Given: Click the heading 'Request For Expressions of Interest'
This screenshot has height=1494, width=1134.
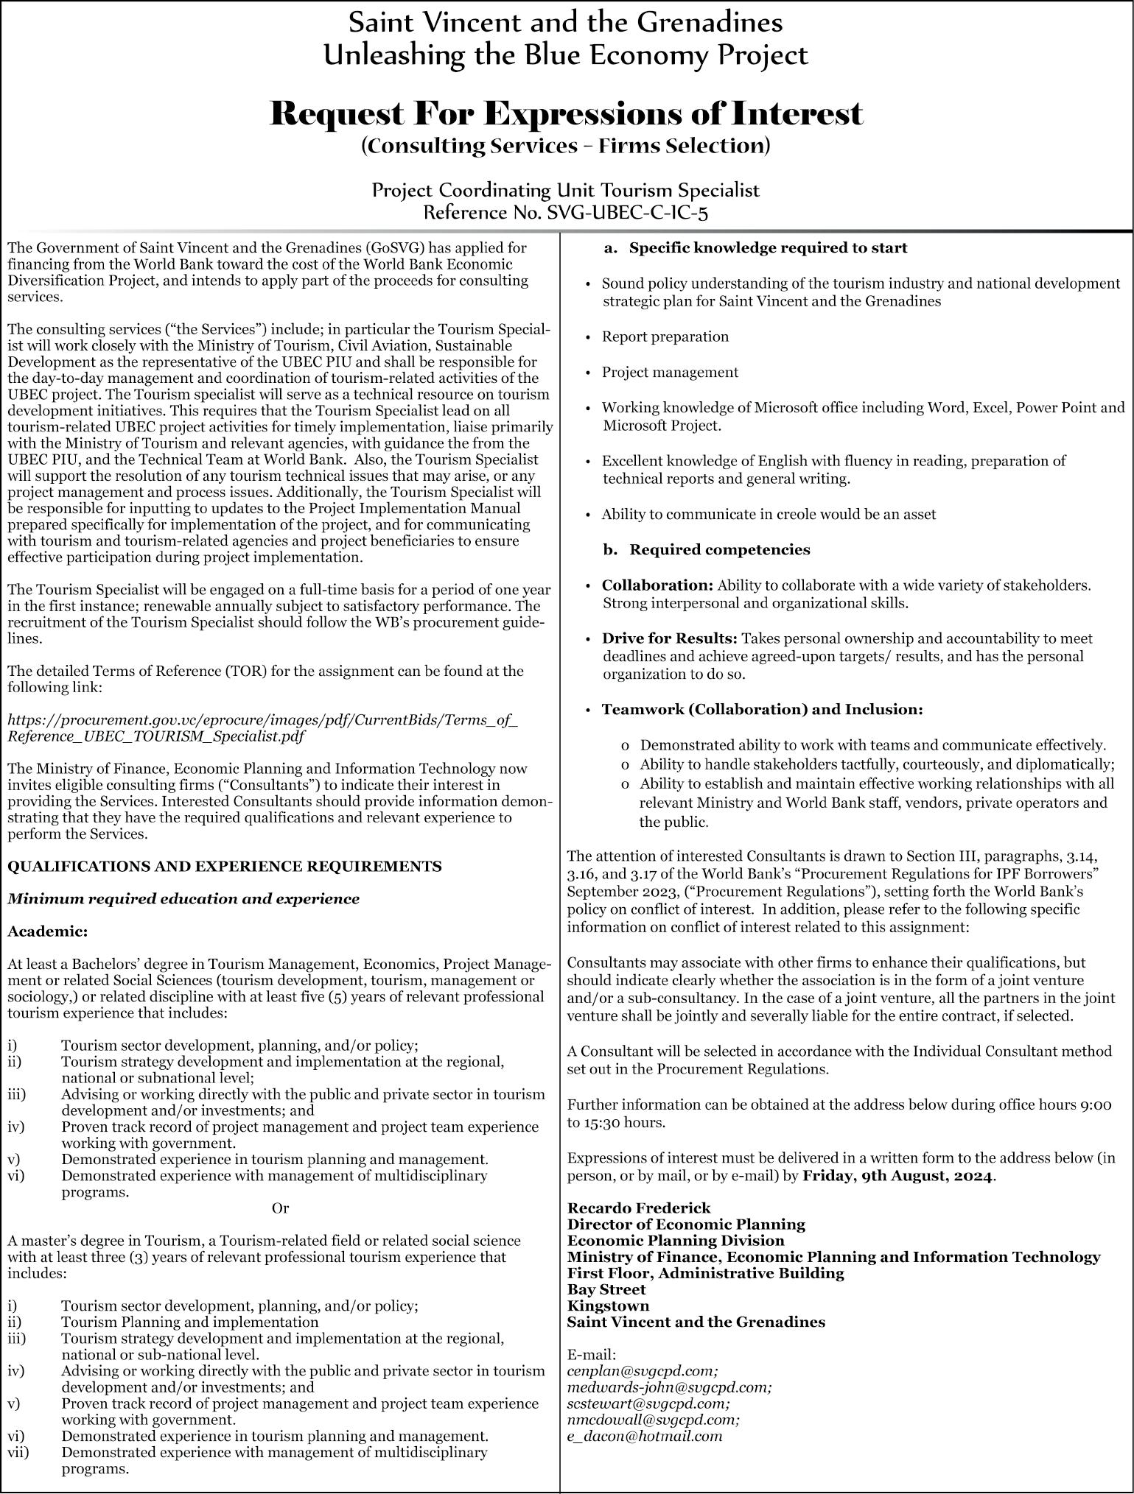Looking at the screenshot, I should (566, 114).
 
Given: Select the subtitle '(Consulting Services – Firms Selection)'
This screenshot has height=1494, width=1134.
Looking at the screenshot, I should (566, 146).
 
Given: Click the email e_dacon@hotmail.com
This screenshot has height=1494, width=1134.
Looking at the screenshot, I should (645, 1435).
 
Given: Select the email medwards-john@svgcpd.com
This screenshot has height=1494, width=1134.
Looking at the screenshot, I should (670, 1386).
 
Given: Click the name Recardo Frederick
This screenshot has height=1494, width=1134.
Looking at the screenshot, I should (639, 1208).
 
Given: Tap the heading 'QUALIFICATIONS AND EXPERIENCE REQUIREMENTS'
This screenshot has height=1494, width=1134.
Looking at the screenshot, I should (225, 866).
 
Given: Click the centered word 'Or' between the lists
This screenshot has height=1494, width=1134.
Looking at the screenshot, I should (280, 1208).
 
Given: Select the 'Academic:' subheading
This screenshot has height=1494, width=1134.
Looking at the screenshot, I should (48, 931).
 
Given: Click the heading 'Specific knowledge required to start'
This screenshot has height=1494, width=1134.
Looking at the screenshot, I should (768, 247).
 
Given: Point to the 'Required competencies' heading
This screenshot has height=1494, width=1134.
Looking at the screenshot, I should (719, 549).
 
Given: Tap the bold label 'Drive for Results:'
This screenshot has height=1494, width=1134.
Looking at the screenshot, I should (670, 638).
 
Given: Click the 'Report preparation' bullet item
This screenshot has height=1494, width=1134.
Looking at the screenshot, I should (665, 336).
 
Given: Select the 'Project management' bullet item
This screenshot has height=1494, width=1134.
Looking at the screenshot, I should (670, 372).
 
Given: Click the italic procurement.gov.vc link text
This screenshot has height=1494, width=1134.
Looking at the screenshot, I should (262, 727).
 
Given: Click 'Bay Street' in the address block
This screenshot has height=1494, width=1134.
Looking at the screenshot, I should (606, 1289).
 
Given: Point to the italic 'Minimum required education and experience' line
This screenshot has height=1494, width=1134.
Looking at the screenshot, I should (183, 898).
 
